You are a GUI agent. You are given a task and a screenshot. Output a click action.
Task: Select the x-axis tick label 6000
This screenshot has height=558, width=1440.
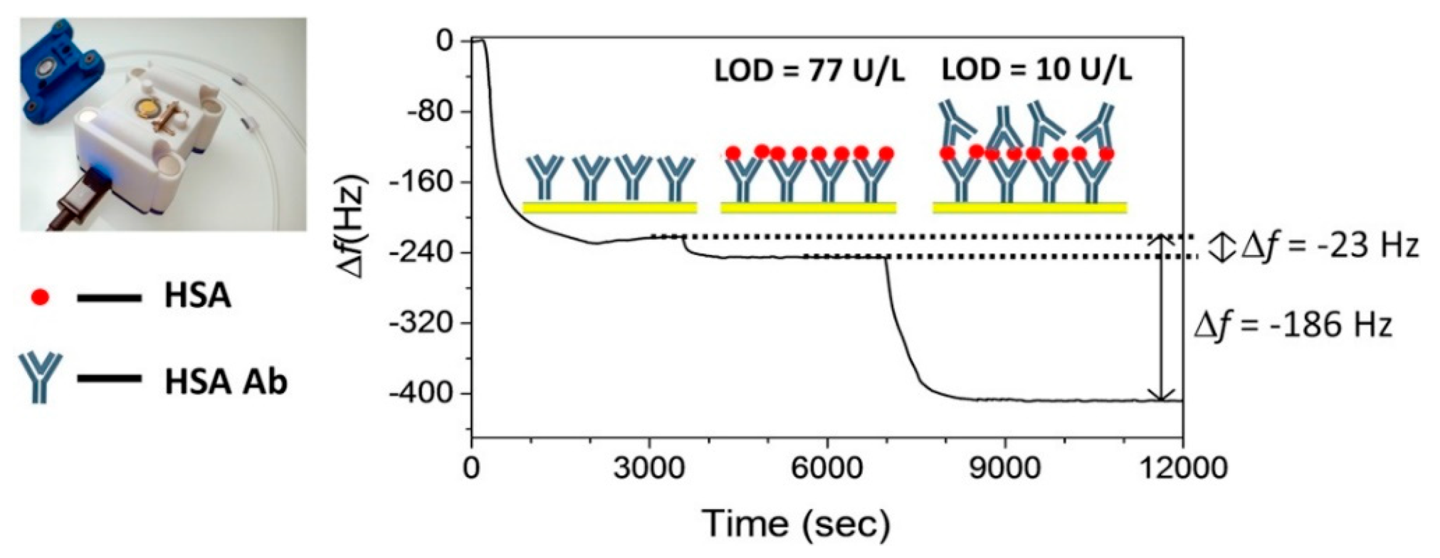(x=827, y=468)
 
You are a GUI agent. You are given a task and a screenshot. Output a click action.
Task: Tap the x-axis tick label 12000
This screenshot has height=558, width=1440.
(x=1183, y=468)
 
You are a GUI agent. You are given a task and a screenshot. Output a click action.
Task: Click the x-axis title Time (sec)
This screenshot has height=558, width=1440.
(x=796, y=523)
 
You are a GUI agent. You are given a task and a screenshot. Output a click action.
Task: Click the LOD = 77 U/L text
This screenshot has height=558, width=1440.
(x=809, y=72)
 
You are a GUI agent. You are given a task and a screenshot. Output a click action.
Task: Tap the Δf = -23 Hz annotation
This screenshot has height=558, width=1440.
(x=1330, y=246)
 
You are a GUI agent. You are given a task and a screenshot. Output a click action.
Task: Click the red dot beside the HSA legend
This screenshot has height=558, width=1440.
(x=40, y=298)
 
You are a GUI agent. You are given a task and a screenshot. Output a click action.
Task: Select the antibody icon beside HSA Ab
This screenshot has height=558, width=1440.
(x=40, y=377)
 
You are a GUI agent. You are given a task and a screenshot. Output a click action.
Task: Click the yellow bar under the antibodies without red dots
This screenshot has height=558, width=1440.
(x=610, y=207)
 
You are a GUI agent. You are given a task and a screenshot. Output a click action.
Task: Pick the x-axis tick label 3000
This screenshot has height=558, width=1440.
(x=649, y=468)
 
